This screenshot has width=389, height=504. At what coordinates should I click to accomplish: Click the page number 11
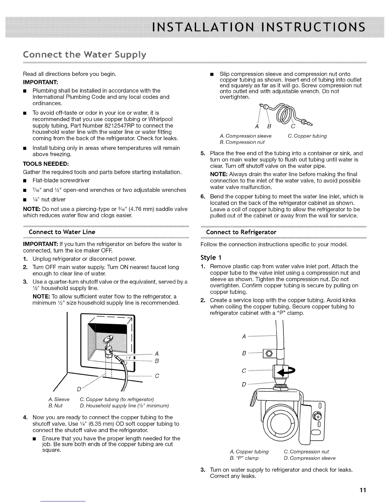(363, 490)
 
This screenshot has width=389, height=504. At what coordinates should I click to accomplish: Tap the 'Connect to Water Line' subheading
(62, 232)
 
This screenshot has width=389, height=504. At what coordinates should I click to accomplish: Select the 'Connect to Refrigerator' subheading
(241, 232)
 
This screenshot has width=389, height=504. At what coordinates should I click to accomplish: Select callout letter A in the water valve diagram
(244, 337)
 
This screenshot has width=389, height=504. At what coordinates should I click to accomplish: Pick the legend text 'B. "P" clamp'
(244, 458)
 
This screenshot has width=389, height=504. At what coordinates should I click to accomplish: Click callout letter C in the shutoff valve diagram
(157, 376)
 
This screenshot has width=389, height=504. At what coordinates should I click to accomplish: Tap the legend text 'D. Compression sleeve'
(309, 458)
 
